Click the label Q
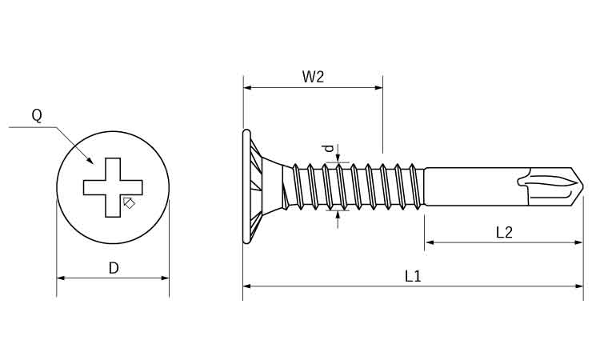click(x=37, y=115)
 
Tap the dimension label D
click(x=114, y=268)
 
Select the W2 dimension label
click(x=313, y=77)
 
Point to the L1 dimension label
click(x=413, y=276)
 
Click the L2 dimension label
click(x=504, y=232)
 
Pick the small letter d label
click(x=326, y=148)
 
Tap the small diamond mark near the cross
click(x=130, y=202)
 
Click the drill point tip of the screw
click(x=581, y=188)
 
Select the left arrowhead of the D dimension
click(x=61, y=278)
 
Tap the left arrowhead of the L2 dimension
click(x=429, y=242)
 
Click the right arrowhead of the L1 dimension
click(x=580, y=285)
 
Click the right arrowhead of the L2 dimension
click(x=580, y=242)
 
